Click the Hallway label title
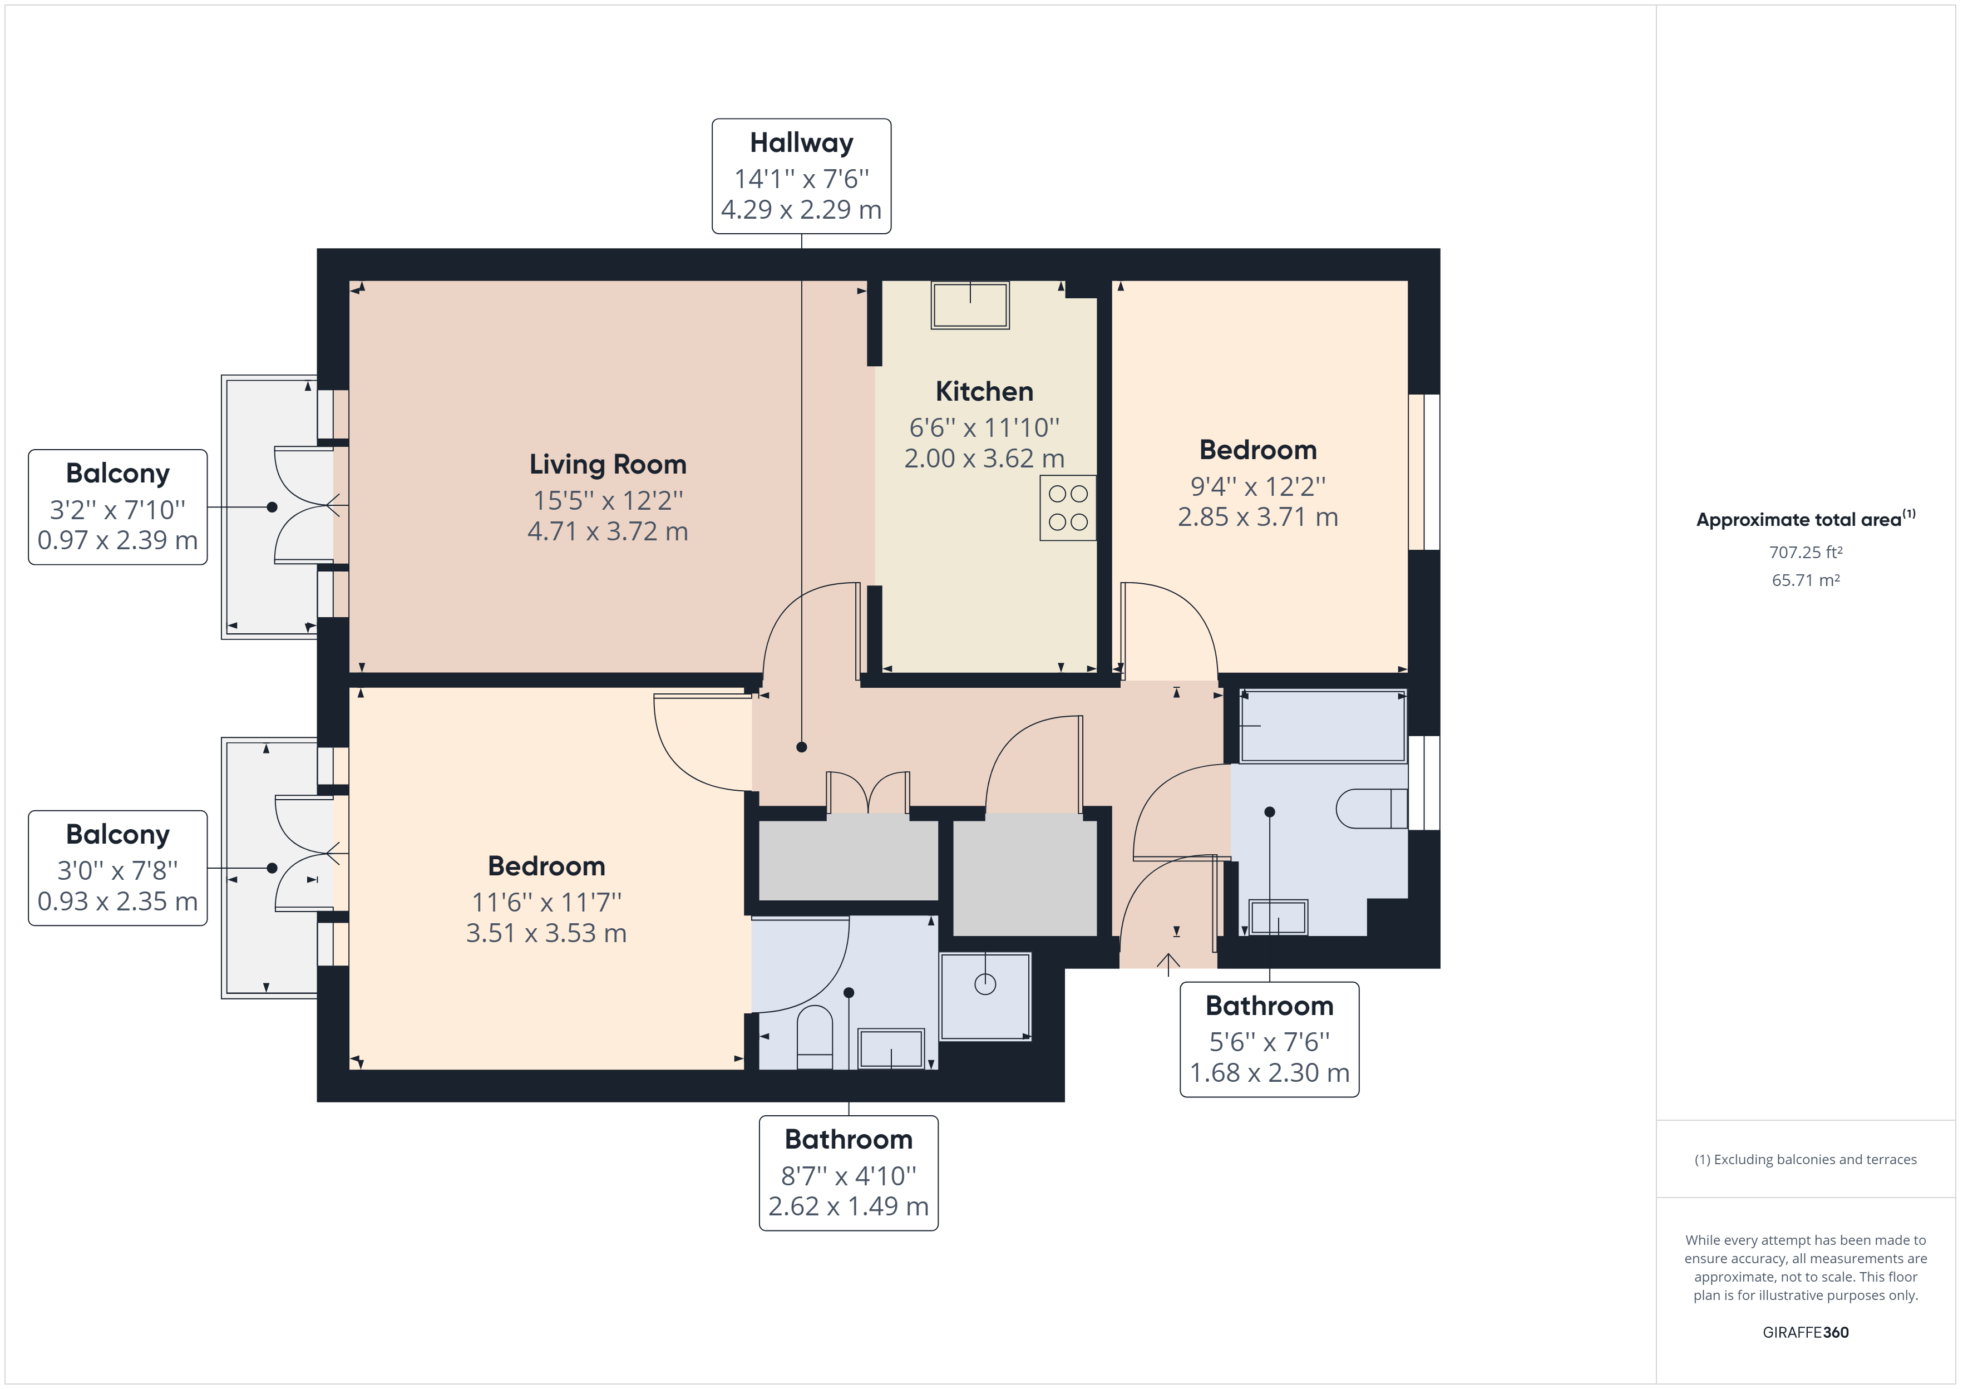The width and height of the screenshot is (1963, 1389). click(x=801, y=143)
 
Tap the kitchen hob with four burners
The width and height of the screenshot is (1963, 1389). click(x=1068, y=508)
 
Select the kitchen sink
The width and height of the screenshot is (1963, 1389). click(x=970, y=304)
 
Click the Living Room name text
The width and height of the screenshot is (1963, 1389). click(x=608, y=465)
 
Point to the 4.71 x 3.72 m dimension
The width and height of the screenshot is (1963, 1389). click(x=608, y=531)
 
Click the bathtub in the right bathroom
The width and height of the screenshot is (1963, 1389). click(x=1323, y=726)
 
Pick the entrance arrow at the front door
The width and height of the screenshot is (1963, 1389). click(x=1168, y=963)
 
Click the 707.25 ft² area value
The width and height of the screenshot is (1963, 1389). click(x=1805, y=553)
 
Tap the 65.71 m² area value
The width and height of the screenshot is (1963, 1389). click(x=1805, y=580)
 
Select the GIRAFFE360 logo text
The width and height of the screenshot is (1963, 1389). click(x=1805, y=1332)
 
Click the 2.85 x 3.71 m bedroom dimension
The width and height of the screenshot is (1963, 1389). click(x=1257, y=516)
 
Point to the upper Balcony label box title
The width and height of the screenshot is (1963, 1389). click(x=118, y=473)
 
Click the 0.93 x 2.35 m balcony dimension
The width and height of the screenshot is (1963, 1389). click(x=118, y=902)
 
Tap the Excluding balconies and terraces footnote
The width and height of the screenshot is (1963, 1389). click(x=1805, y=1160)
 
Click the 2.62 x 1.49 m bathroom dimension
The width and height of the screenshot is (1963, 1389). click(x=848, y=1206)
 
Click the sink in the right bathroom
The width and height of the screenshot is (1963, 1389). click(x=1278, y=918)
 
